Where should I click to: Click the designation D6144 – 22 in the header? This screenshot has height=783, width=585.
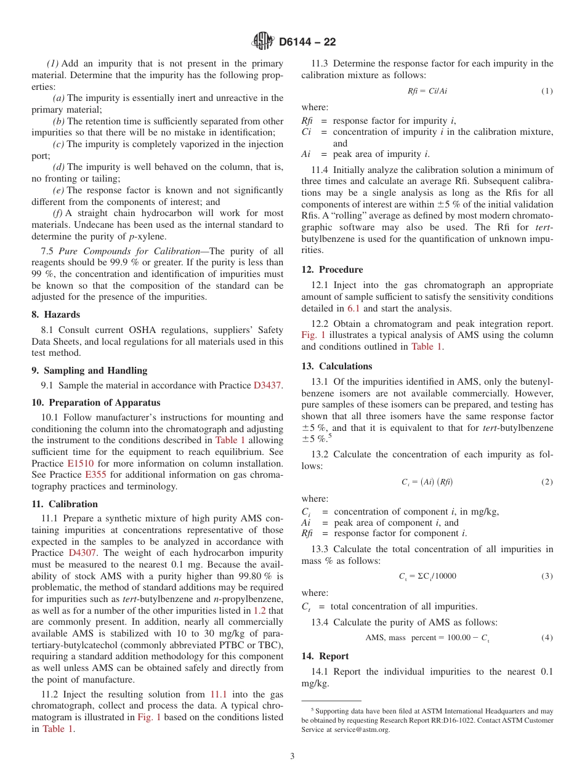[307, 42]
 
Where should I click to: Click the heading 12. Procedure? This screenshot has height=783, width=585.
[332, 270]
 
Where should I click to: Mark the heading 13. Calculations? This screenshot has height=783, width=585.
[337, 366]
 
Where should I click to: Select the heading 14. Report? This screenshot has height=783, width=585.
[325, 656]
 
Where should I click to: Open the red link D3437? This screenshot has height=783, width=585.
[267, 386]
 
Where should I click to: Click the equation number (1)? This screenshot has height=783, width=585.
[547, 91]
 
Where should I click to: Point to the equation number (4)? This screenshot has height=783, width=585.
[547, 638]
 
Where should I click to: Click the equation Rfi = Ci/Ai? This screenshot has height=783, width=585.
[427, 91]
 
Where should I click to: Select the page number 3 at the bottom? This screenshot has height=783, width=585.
[292, 756]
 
